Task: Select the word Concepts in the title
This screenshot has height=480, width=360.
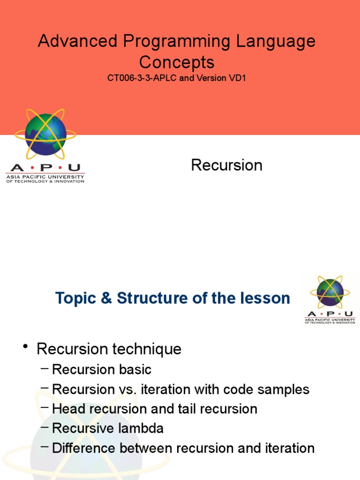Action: click(177, 62)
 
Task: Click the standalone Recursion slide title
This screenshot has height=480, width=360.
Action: click(226, 165)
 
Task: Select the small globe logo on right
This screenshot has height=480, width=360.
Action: click(330, 292)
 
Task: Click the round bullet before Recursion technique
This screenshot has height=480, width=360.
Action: click(25, 347)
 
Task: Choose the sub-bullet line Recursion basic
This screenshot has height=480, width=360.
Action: click(101, 369)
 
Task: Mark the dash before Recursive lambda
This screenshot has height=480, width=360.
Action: click(45, 427)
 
